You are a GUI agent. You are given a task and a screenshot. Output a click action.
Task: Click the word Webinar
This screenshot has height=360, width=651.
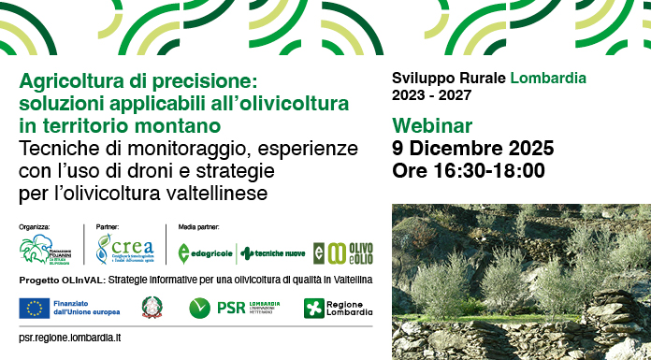[x=433, y=125]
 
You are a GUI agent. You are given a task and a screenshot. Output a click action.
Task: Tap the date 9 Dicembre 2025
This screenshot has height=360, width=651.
[x=473, y=148]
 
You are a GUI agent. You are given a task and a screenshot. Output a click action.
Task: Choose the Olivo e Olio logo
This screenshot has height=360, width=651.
[x=343, y=252]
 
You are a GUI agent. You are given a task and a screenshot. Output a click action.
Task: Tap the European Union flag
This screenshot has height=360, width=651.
[x=35, y=307]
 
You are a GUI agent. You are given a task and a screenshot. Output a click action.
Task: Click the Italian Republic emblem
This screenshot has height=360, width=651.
[x=151, y=307]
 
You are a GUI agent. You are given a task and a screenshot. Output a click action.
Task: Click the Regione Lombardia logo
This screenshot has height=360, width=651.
[x=338, y=308]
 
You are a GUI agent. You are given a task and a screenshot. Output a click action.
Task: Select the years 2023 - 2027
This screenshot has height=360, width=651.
[x=431, y=94]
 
